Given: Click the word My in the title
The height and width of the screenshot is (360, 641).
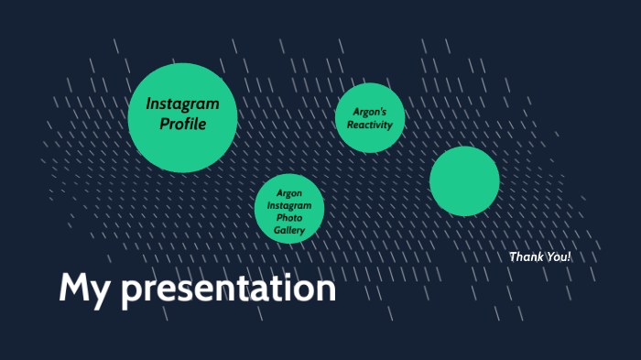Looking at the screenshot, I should (84, 289).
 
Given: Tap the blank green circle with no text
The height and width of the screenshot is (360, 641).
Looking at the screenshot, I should (464, 180).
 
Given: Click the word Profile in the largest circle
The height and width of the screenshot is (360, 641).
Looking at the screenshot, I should (183, 124).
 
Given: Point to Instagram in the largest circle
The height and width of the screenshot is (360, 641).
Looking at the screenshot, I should (183, 104).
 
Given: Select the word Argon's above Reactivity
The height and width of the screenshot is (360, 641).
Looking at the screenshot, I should (370, 111).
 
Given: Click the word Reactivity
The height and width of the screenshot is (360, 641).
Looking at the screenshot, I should (370, 125).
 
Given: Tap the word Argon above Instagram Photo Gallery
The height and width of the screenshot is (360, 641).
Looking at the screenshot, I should (289, 193).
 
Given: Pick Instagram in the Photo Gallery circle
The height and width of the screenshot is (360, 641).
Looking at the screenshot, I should (289, 206).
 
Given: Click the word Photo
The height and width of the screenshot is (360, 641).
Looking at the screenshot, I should (289, 218).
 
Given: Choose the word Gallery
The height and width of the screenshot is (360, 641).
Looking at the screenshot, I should (289, 231).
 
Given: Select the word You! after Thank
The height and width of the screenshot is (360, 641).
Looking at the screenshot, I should (557, 256).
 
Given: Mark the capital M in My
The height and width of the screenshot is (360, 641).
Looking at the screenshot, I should (74, 289).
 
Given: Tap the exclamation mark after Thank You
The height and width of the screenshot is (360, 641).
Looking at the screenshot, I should (569, 256).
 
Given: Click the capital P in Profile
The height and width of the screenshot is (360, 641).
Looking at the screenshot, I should (165, 124).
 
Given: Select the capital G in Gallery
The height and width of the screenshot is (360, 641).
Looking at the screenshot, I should (277, 231).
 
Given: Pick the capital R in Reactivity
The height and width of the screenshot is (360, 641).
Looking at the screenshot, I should (351, 125).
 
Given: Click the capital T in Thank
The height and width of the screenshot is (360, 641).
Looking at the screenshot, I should (513, 256).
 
